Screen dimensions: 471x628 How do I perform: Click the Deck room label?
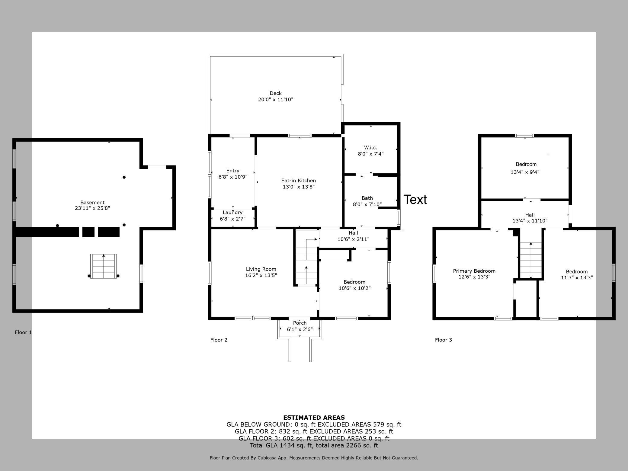pyautogui.click(x=275, y=93)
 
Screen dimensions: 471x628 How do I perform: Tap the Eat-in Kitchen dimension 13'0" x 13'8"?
pyautogui.click(x=298, y=187)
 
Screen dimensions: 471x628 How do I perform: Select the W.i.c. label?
pyautogui.click(x=370, y=148)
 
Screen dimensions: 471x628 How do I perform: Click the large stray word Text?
pyautogui.click(x=415, y=200)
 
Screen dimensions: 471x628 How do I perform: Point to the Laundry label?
pyautogui.click(x=232, y=213)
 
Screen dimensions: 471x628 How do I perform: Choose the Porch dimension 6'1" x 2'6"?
pyautogui.click(x=300, y=329)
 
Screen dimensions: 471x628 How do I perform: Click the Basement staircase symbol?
pyautogui.click(x=104, y=266)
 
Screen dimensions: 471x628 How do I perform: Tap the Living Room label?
pyautogui.click(x=261, y=269)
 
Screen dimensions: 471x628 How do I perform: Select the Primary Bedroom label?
pyautogui.click(x=474, y=271)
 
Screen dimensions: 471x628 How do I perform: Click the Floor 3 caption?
pyautogui.click(x=443, y=340)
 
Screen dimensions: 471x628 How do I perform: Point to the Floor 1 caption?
pyautogui.click(x=23, y=332)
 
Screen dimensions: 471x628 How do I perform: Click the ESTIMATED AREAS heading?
pyautogui.click(x=314, y=418)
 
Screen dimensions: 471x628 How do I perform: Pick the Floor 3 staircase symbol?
pyautogui.click(x=531, y=260)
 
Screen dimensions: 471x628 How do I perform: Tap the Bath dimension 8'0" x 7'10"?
pyautogui.click(x=367, y=204)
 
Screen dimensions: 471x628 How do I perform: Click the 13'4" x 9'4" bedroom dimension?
pyautogui.click(x=525, y=172)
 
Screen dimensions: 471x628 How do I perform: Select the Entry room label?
pyautogui.click(x=233, y=171)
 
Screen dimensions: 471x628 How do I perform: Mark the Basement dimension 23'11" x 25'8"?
pyautogui.click(x=92, y=208)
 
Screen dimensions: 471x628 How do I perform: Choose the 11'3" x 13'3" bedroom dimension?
pyautogui.click(x=577, y=278)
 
